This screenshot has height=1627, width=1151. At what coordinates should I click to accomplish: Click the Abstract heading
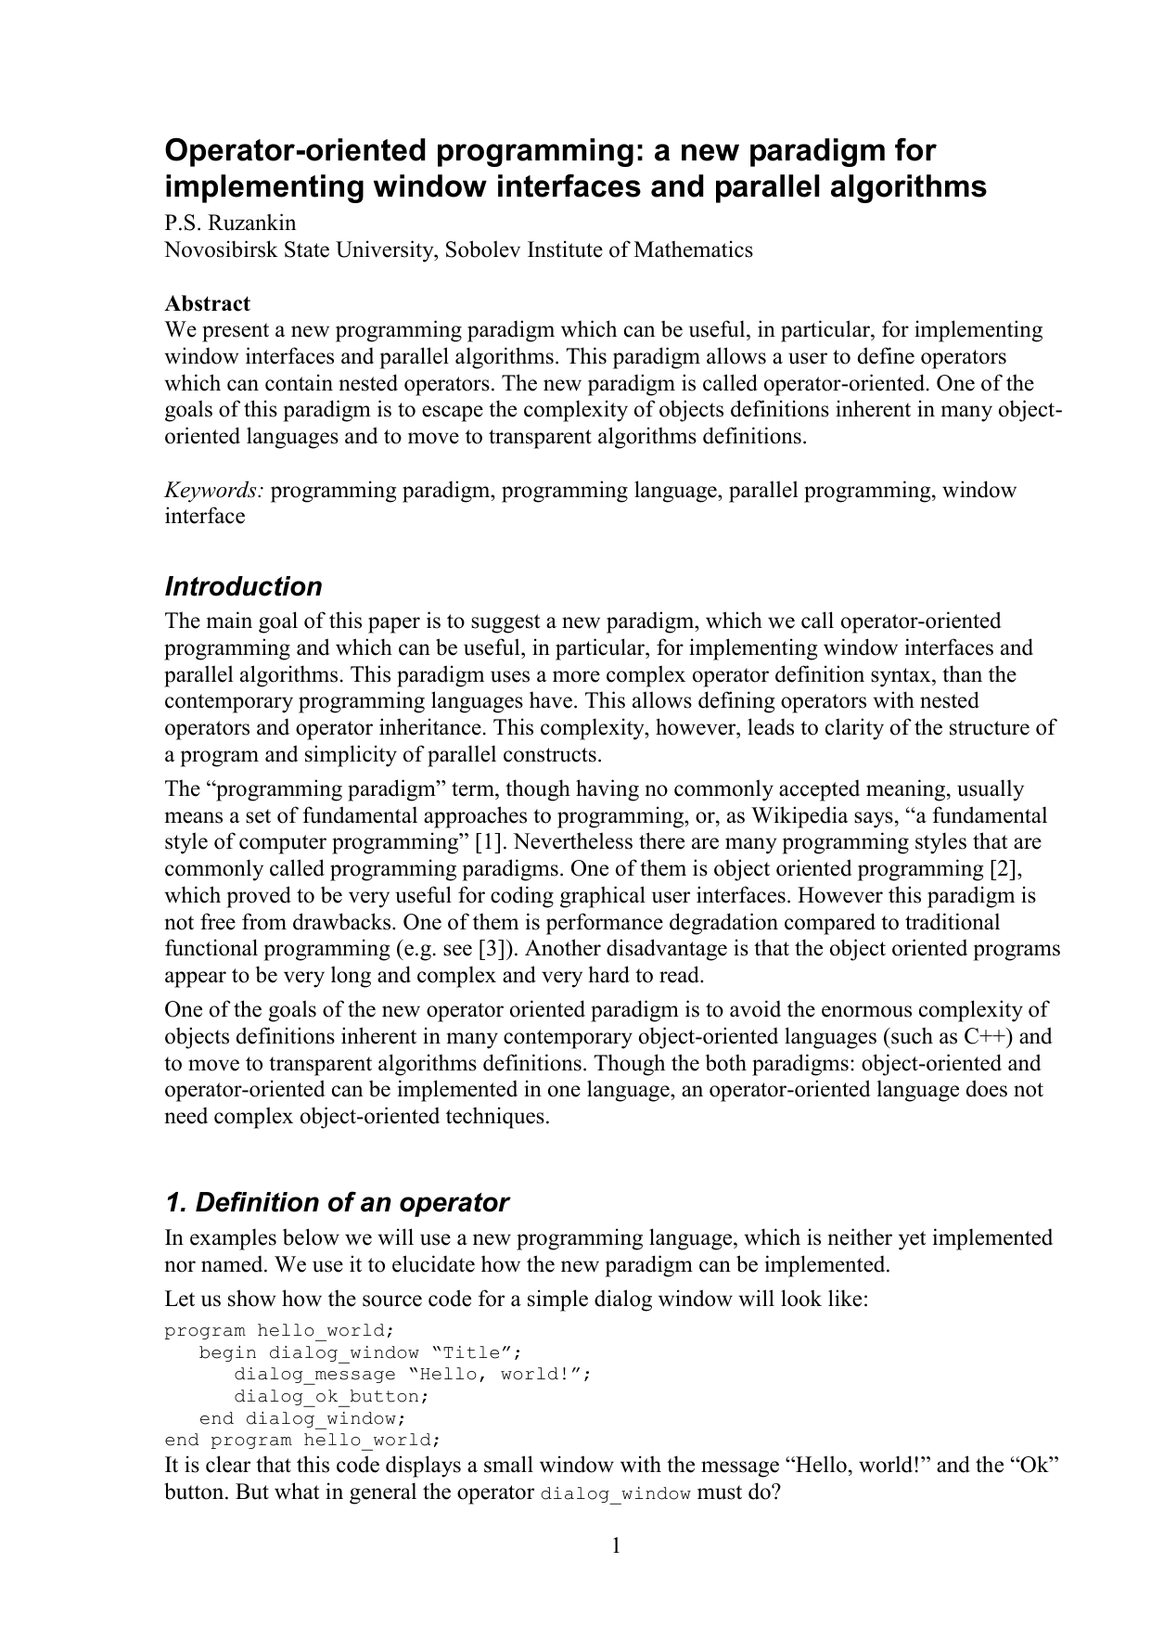click(207, 303)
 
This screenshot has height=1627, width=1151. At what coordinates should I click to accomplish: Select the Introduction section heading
click(243, 586)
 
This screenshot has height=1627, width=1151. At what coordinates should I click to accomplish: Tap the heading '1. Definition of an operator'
click(337, 1202)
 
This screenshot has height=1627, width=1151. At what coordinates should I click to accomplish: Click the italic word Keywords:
click(214, 490)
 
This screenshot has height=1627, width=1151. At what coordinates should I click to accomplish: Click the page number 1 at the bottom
click(615, 1545)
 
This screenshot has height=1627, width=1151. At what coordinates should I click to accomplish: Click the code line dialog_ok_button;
click(333, 1396)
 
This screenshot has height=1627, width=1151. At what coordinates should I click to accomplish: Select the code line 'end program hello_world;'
click(302, 1440)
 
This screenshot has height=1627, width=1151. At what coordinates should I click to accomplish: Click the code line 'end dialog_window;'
click(302, 1418)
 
